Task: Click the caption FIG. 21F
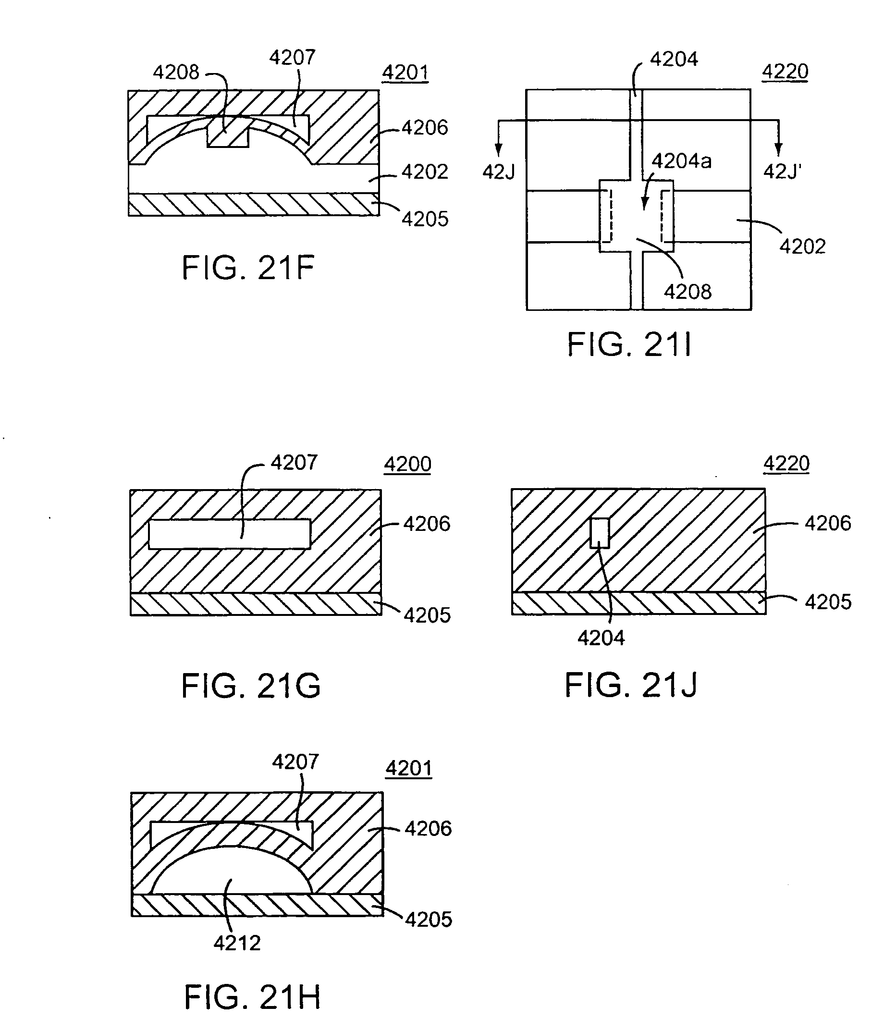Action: pyautogui.click(x=247, y=268)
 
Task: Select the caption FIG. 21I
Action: pyautogui.click(x=629, y=344)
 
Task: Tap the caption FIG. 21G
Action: pyautogui.click(x=251, y=686)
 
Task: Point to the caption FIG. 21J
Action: pyautogui.click(x=630, y=685)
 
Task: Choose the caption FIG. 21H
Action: pyautogui.click(x=252, y=996)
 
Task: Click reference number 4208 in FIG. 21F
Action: pyautogui.click(x=176, y=73)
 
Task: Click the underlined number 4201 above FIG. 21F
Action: pyautogui.click(x=405, y=73)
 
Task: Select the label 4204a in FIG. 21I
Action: pyautogui.click(x=681, y=161)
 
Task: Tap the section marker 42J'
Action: pyautogui.click(x=782, y=172)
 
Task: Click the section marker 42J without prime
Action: pyautogui.click(x=499, y=172)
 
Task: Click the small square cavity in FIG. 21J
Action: pyautogui.click(x=600, y=532)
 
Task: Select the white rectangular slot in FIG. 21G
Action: pyautogui.click(x=230, y=534)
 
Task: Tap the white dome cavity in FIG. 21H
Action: pyautogui.click(x=232, y=873)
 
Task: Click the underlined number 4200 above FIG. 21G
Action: pyautogui.click(x=407, y=464)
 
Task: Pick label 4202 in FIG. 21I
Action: pyautogui.click(x=802, y=246)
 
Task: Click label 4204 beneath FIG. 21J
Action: pyautogui.click(x=601, y=638)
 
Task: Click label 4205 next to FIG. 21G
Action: pyautogui.click(x=427, y=615)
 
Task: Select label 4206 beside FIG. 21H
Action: pyautogui.click(x=428, y=829)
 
